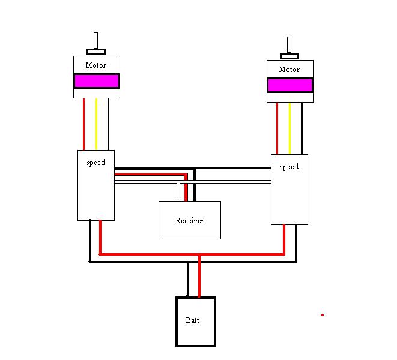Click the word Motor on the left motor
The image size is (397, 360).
(x=96, y=65)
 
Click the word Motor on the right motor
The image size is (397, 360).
(x=289, y=70)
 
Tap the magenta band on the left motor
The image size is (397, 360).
(x=96, y=81)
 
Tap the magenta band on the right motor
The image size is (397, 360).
(x=289, y=85)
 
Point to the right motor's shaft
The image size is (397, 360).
(x=289, y=46)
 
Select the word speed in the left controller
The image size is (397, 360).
(x=95, y=163)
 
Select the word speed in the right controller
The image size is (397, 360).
(x=289, y=167)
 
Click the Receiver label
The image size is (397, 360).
(x=190, y=221)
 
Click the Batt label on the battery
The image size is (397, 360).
(x=192, y=320)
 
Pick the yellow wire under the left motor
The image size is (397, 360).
(x=96, y=124)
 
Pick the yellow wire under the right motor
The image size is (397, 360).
(x=289, y=128)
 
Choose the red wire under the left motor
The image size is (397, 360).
(x=85, y=124)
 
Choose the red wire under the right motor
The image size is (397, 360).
(x=277, y=128)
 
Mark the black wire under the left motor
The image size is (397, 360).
(x=108, y=124)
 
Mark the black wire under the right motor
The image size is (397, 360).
(x=302, y=128)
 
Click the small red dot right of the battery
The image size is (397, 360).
(x=323, y=314)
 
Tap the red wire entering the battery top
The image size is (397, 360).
(x=199, y=282)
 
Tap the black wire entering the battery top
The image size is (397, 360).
(x=188, y=282)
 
